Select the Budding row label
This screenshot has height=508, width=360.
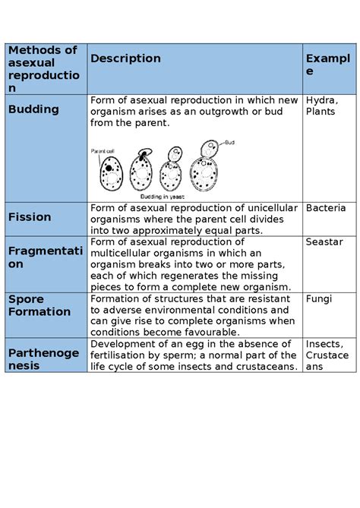[33, 109]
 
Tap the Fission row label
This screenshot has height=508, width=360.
[30, 217]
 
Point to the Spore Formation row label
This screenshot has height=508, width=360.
[39, 305]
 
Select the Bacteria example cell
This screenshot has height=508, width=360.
[326, 208]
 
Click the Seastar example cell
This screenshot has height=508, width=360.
[324, 242]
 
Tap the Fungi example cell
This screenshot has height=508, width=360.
[319, 299]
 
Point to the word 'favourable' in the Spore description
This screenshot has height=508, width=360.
[207, 333]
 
